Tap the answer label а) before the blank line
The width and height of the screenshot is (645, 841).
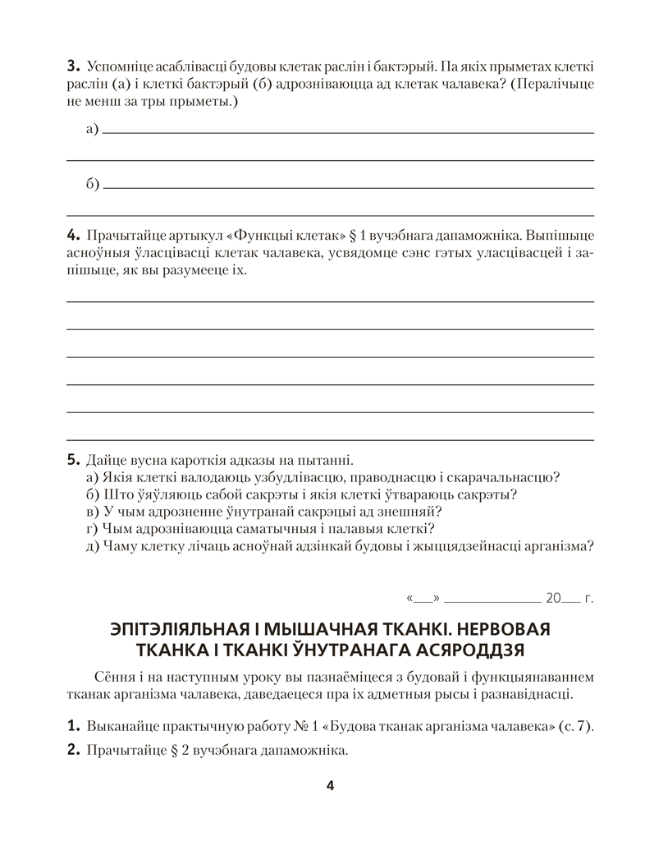92,129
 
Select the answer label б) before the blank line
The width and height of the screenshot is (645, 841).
92,185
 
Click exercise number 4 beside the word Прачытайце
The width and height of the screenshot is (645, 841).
71,233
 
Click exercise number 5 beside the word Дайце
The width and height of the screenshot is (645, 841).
71,459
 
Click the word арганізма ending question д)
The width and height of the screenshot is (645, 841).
557,546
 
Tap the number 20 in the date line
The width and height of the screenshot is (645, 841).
554,599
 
